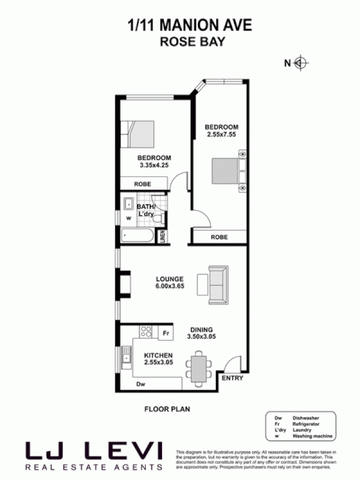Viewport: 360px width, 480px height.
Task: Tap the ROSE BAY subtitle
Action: point(179,42)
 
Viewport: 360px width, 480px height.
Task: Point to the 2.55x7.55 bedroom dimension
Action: point(221,134)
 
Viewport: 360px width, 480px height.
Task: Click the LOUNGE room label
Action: point(169,278)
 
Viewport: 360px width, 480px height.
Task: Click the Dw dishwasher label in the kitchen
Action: point(140,383)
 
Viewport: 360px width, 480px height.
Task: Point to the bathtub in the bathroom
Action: point(137,235)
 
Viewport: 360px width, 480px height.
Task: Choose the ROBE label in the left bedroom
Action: point(142,185)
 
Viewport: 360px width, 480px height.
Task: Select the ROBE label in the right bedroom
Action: point(219,238)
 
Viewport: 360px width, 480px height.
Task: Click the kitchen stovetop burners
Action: point(145,331)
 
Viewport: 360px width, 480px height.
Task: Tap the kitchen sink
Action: point(126,358)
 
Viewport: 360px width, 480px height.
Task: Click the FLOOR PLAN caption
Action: point(167,409)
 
